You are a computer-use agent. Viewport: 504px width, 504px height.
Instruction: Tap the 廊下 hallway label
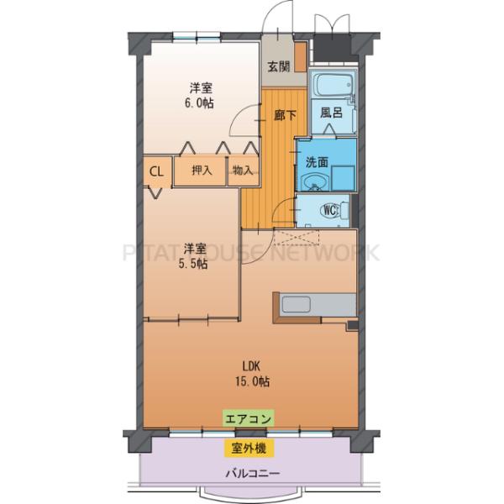click(x=284, y=116)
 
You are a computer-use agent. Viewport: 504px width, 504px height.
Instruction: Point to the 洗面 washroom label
click(x=317, y=161)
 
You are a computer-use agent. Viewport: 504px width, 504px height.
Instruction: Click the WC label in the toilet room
click(x=330, y=209)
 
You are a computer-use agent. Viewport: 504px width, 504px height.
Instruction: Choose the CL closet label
click(x=156, y=171)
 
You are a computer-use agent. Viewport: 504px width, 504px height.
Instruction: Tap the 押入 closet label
click(x=202, y=171)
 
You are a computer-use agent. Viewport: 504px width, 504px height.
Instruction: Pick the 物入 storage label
click(x=242, y=171)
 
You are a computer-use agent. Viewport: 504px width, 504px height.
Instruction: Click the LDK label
click(x=251, y=365)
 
